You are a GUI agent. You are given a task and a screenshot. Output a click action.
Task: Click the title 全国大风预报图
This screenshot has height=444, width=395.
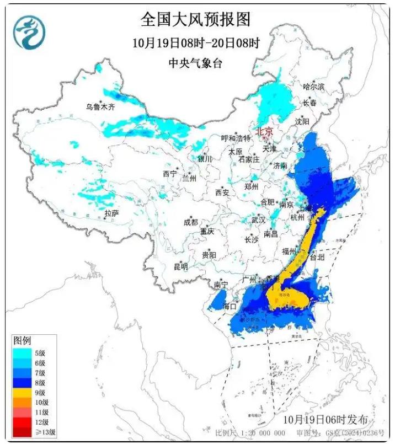tap(195, 20)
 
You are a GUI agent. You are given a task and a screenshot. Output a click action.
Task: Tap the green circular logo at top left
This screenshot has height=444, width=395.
tap(29, 32)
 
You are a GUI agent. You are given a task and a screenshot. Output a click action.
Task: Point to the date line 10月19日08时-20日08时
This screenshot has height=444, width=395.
tap(195, 42)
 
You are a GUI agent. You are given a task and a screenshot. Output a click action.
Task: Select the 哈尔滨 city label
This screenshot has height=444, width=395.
tap(314, 87)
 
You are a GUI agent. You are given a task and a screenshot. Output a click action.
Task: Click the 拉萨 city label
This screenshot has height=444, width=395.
tap(112, 213)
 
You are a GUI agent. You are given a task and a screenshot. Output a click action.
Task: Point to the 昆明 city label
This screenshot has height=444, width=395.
tap(180, 266)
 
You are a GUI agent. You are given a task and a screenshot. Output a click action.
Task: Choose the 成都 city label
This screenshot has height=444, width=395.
tap(190, 222)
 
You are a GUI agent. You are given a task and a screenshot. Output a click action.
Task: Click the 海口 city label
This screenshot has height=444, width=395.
tap(229, 306)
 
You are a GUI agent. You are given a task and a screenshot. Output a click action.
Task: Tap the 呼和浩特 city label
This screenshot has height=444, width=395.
tap(236, 138)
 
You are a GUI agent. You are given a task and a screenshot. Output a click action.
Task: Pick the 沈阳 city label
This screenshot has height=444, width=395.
tap(318, 121)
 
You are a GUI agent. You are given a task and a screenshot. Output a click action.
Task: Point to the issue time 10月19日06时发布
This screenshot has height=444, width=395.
tap(325, 420)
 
